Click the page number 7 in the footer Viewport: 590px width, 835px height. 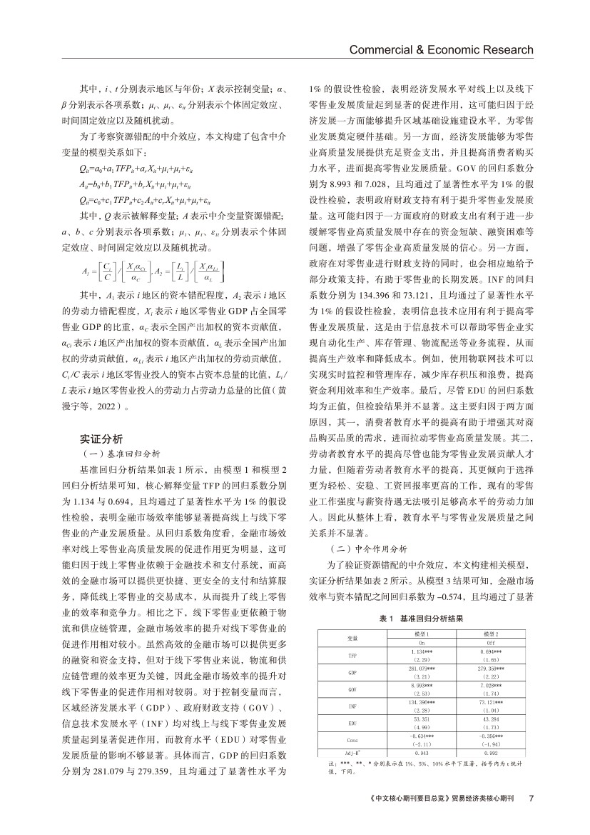531,799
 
